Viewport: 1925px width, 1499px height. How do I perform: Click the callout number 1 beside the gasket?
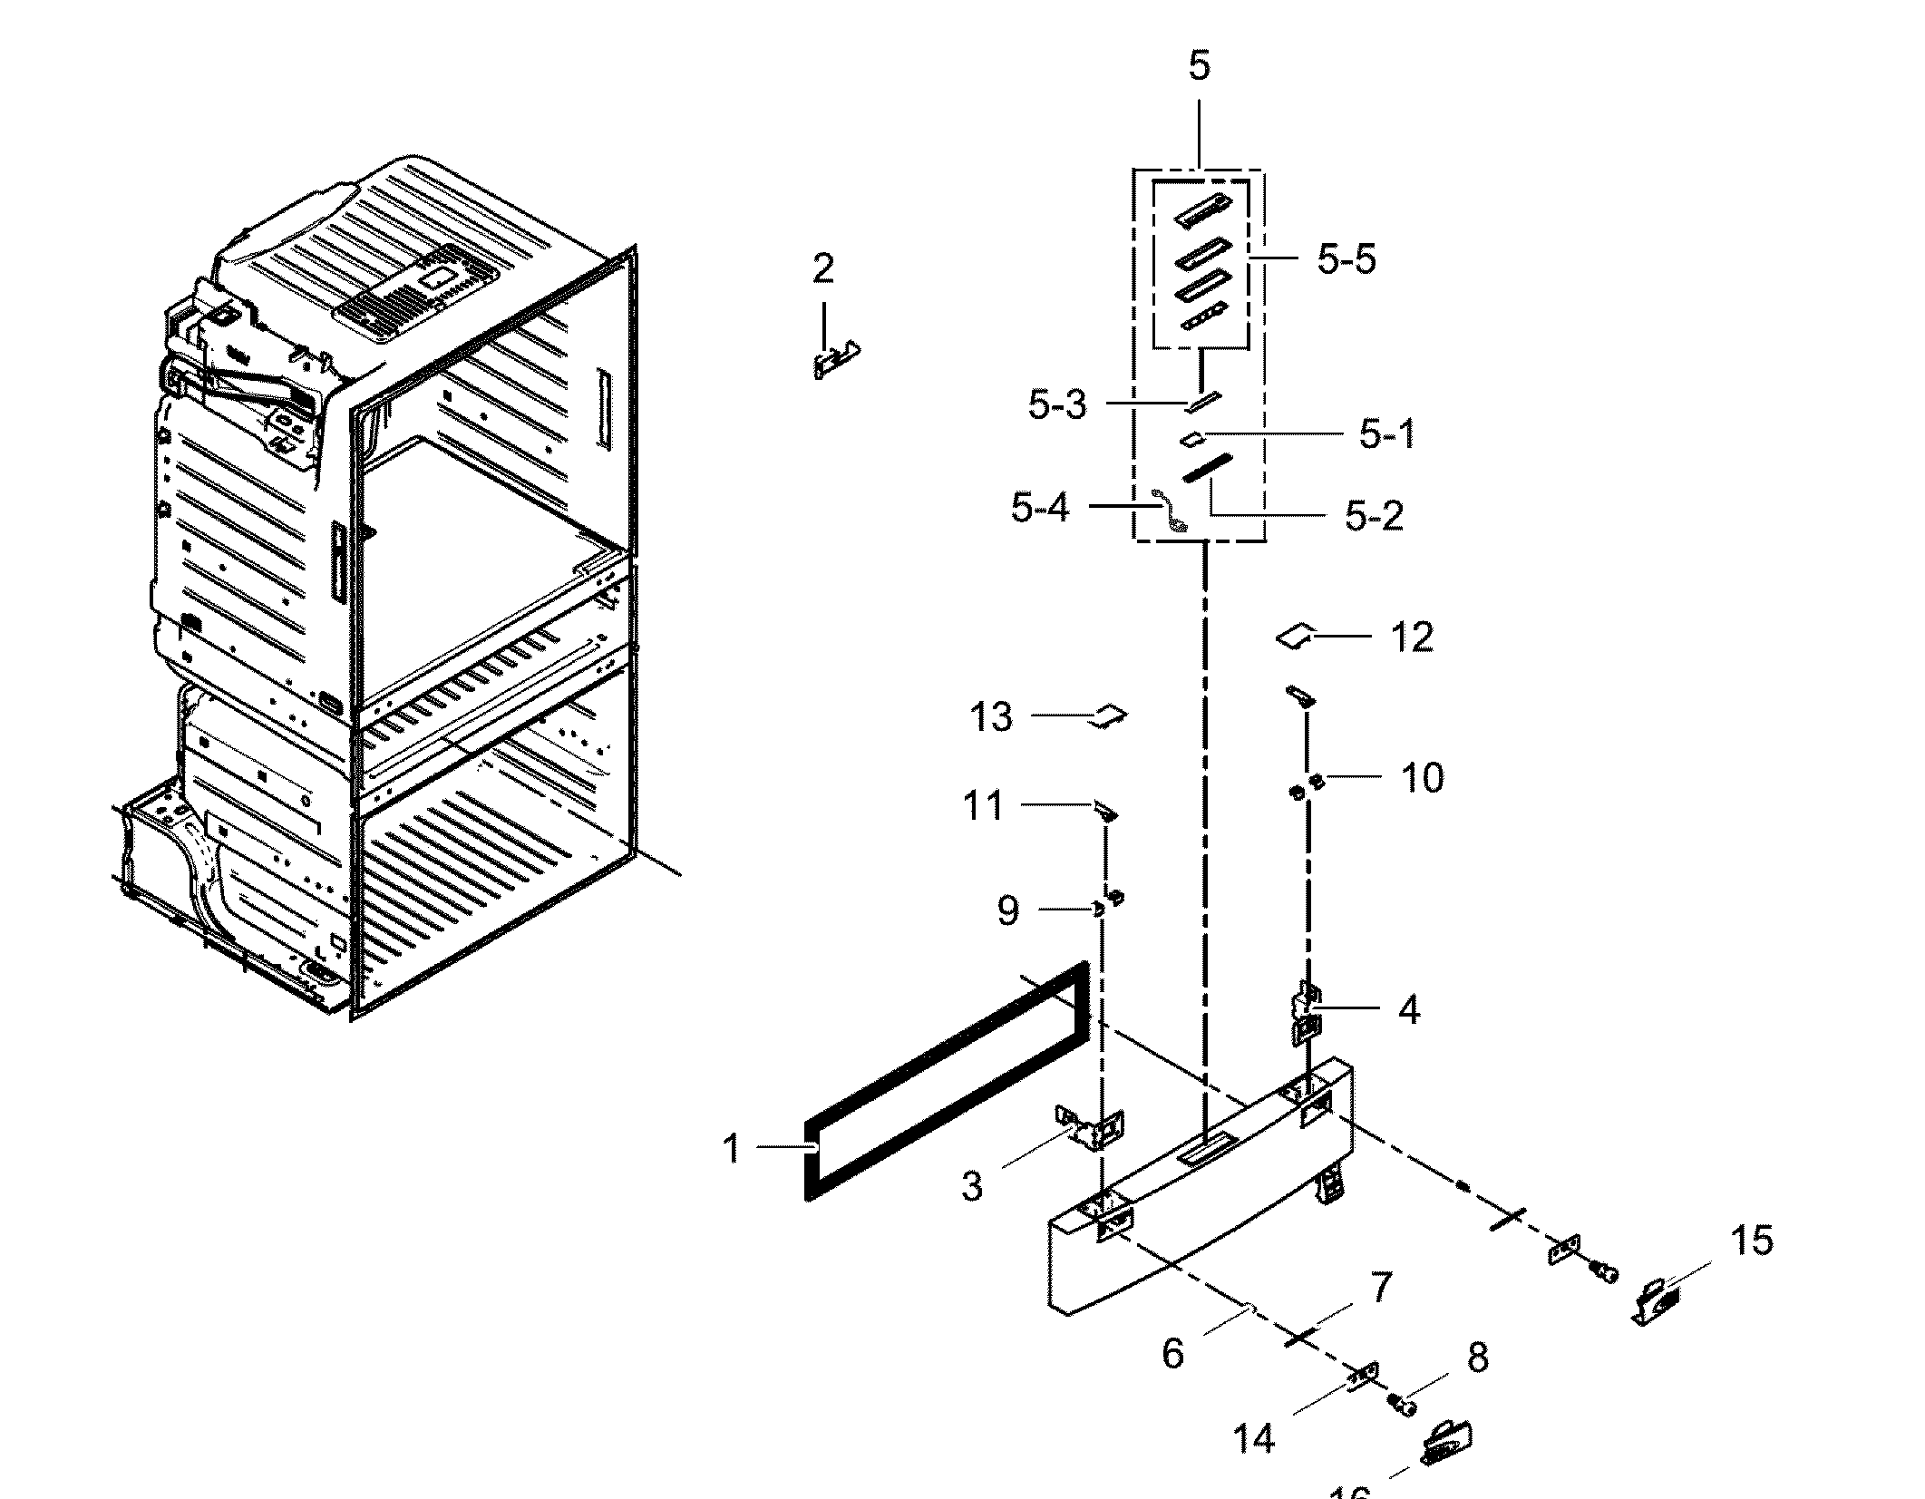[732, 1150]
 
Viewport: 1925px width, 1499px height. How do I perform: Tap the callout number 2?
[822, 269]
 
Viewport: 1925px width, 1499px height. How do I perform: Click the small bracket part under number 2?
[835, 360]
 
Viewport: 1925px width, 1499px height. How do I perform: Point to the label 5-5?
[1346, 260]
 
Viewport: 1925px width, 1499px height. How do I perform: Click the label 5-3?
[1056, 405]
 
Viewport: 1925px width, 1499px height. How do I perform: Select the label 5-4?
[1040, 508]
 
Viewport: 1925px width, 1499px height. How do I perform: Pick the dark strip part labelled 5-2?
[1207, 469]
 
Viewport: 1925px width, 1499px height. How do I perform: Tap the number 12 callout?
[1412, 638]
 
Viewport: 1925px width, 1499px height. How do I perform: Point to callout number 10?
[1422, 778]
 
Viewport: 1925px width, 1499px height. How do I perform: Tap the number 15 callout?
[1751, 1241]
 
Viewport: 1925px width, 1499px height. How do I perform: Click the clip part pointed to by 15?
[1656, 1302]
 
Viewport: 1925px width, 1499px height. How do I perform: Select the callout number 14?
[1254, 1438]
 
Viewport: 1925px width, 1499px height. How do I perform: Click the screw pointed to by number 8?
[1405, 1405]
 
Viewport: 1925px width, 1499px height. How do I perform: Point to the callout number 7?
[1380, 1287]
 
